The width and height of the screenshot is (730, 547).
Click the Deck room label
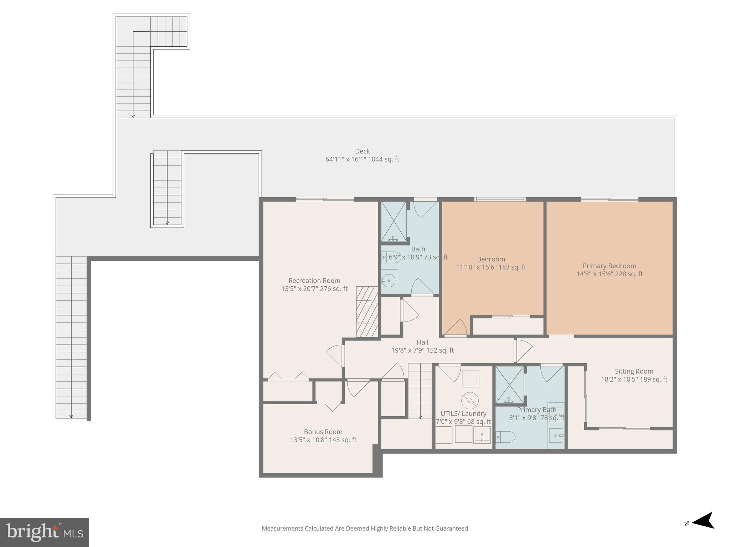point(362,151)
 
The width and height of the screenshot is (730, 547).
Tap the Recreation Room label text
point(314,281)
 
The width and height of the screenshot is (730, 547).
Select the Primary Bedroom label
point(609,266)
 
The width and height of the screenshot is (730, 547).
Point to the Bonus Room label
point(323,432)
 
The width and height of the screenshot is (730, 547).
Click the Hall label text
point(422,342)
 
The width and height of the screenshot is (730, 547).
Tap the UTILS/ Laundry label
point(463,413)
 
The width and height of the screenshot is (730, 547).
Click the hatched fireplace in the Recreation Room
point(367,312)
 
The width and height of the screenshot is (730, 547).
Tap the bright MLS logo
point(44,532)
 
